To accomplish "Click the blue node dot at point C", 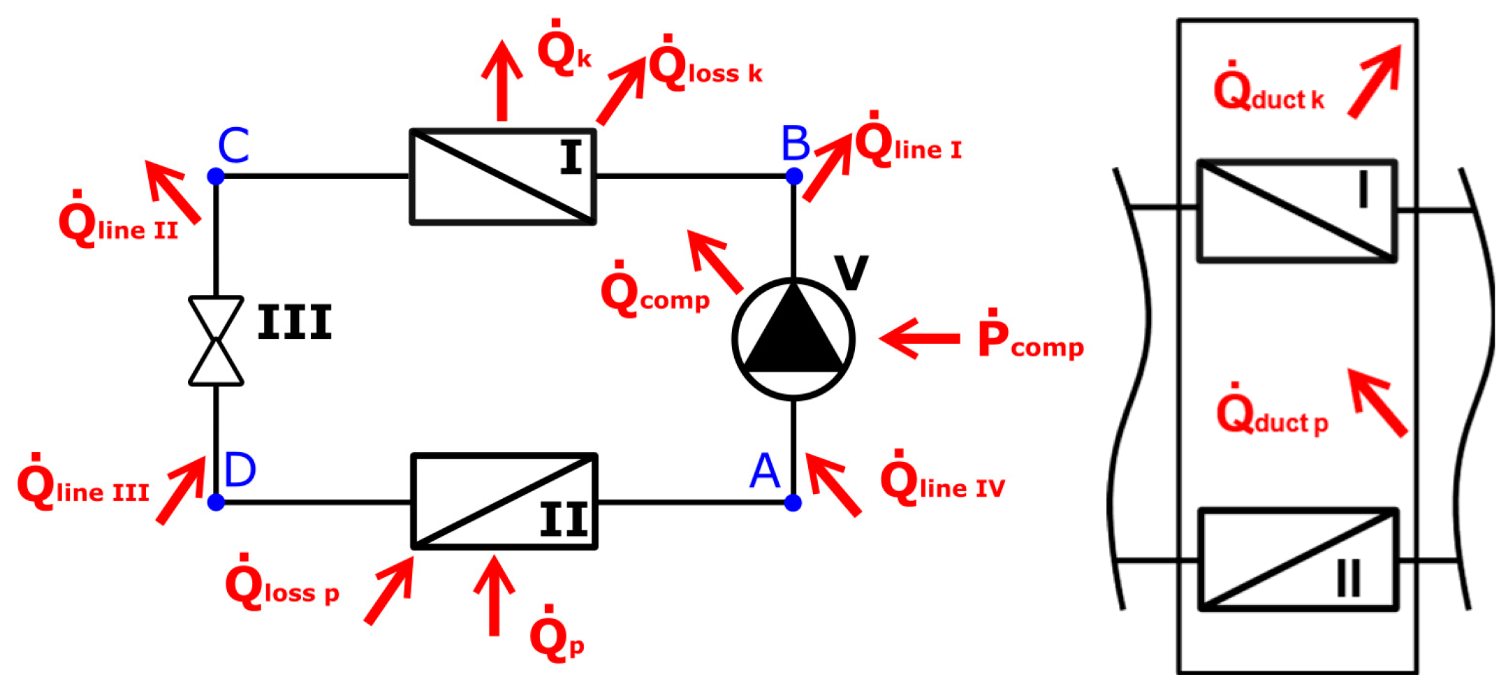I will point(216,176).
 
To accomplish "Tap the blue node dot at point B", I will point(793,176).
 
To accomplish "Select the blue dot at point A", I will point(793,502).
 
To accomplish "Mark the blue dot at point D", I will point(216,502).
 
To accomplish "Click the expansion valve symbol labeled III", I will point(216,341).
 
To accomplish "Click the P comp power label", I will point(1030,337).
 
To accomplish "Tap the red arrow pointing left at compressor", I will point(919,339).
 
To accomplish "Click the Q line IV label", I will point(942,481).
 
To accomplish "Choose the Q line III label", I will point(83,485).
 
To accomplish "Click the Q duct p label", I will point(1272,414).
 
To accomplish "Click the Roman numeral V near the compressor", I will point(851,272).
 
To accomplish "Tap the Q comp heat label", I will point(654,293).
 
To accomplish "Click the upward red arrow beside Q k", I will point(502,80).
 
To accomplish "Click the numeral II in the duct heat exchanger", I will point(1348,579).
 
